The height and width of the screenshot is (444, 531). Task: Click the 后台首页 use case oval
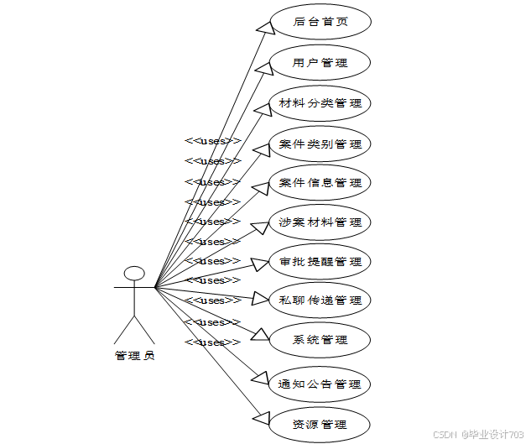(x=320, y=23)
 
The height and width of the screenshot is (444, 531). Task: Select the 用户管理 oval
(x=320, y=63)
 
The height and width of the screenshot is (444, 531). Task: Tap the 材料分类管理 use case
(x=320, y=103)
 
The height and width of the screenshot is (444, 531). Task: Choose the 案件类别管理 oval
(x=320, y=144)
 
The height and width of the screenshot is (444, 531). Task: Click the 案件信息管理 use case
(x=320, y=183)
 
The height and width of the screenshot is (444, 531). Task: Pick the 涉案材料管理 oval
(x=320, y=222)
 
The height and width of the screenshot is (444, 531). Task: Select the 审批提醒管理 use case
(x=320, y=262)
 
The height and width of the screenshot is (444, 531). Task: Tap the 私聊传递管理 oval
(x=320, y=300)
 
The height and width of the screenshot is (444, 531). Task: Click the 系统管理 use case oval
(x=320, y=340)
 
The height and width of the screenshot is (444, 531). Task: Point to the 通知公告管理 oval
(x=320, y=384)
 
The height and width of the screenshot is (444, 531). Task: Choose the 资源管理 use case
(x=320, y=423)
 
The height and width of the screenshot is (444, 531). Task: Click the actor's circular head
(x=134, y=274)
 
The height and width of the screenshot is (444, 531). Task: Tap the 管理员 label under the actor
(x=134, y=355)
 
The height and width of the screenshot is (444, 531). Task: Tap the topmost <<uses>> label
(x=212, y=141)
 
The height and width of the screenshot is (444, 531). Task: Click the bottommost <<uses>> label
(x=212, y=342)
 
